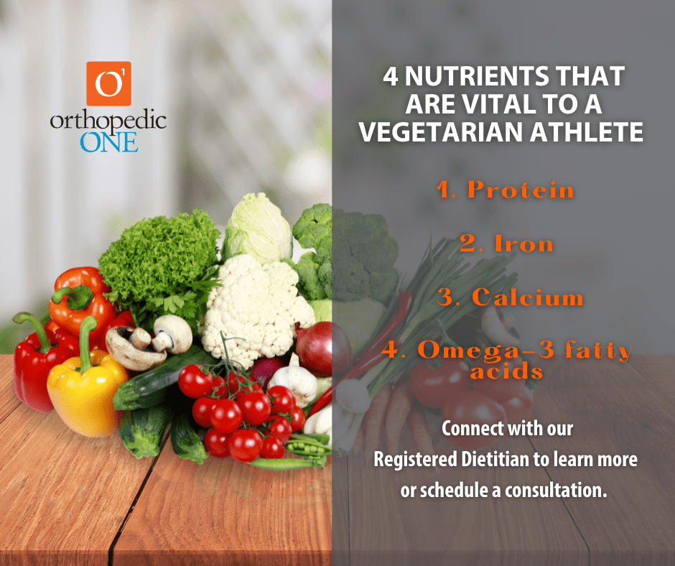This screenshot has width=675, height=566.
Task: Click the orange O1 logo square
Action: pyautogui.click(x=109, y=83)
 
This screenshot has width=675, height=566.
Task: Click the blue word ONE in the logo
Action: pyautogui.click(x=109, y=142)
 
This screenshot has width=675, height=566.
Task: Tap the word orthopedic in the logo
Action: pyautogui.click(x=108, y=122)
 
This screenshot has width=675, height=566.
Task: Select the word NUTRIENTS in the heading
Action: pyautogui.click(x=477, y=76)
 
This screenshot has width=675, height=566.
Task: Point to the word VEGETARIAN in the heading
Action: pyautogui.click(x=441, y=132)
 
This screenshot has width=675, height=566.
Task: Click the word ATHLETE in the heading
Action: pyautogui.click(x=587, y=132)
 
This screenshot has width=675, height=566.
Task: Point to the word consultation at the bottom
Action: pyautogui.click(x=556, y=490)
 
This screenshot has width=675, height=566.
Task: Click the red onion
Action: pyautogui.click(x=324, y=349)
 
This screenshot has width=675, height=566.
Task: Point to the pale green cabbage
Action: pyautogui.click(x=257, y=228)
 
